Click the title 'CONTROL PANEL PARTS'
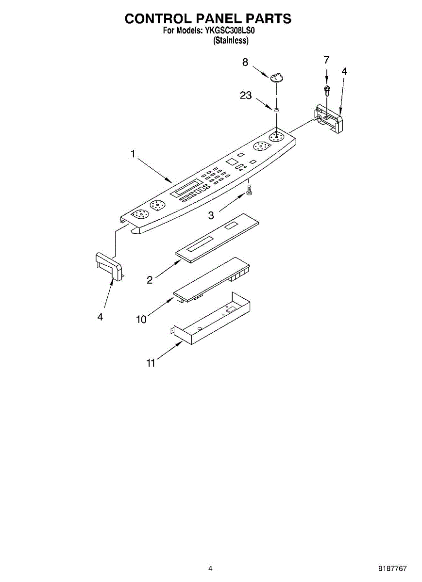pos(208,18)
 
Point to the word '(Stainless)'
pos(231,41)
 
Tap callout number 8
pos(245,62)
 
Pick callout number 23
pos(246,96)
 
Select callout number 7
pos(326,60)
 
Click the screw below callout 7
pos(327,89)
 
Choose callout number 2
pos(150,279)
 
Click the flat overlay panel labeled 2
pos(219,238)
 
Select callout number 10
pos(141,319)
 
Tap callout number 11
pos(151,363)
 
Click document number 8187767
pos(393,568)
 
